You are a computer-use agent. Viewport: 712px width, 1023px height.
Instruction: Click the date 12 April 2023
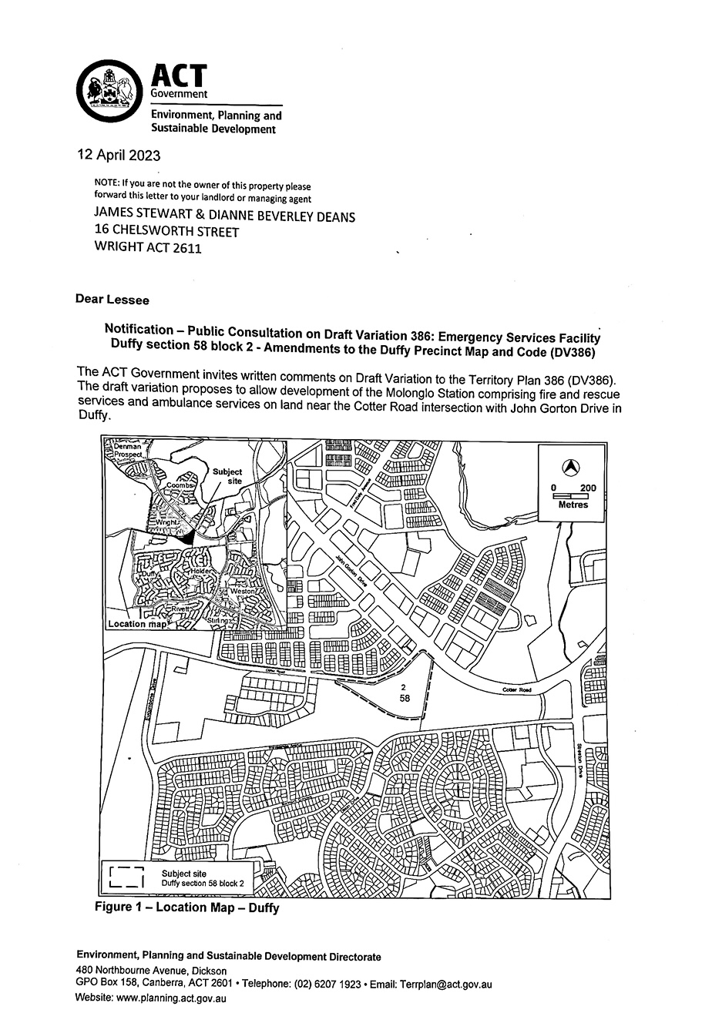[119, 154]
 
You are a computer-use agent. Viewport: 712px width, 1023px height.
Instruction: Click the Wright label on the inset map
[168, 522]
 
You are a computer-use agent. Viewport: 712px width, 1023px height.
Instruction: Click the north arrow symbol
[571, 466]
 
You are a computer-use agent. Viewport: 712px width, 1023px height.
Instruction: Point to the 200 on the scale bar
[588, 488]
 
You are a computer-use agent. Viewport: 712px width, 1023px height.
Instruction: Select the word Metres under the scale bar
[573, 505]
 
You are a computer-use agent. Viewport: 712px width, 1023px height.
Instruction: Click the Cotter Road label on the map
[517, 689]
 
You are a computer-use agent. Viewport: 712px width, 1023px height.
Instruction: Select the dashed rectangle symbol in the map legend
[128, 877]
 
